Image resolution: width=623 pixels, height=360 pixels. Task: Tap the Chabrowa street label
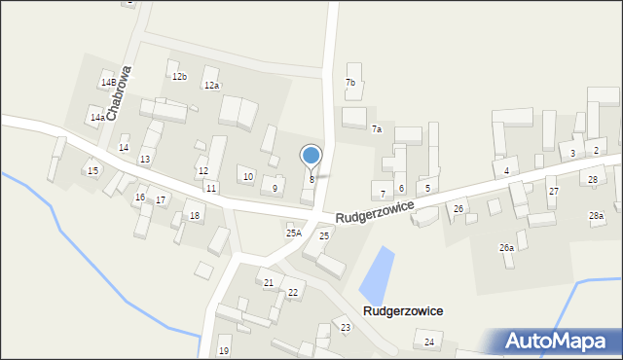(119, 93)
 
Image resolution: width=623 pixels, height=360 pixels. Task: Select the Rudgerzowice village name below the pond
(403, 310)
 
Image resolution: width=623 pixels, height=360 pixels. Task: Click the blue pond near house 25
(378, 275)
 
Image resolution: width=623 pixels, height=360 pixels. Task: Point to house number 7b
(350, 83)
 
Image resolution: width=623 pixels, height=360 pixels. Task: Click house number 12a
(211, 86)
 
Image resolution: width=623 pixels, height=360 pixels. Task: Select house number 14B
(107, 83)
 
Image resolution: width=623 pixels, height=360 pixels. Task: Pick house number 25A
(293, 234)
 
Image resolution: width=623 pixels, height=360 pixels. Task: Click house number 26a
(506, 248)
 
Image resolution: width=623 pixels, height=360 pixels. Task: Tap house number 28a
(596, 215)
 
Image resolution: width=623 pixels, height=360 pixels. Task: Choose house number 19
(223, 350)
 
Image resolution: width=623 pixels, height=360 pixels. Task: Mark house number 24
(428, 342)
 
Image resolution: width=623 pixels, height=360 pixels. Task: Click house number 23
(346, 327)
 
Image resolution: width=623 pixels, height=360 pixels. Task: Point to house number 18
(195, 215)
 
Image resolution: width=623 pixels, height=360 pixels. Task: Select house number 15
(92, 171)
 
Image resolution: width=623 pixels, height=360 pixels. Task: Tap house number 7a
(376, 129)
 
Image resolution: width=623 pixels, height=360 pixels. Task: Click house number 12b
(179, 76)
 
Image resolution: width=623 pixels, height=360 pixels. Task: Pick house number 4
(507, 172)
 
